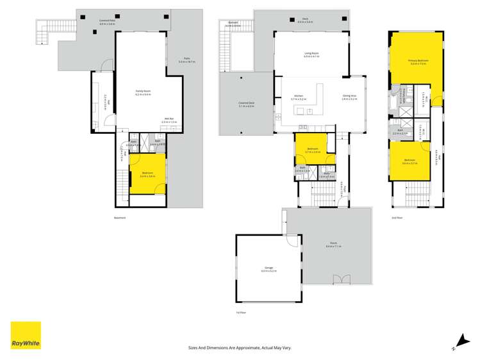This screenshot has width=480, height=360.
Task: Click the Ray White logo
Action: click(x=26, y=335)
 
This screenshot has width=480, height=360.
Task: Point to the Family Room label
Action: click(x=143, y=94)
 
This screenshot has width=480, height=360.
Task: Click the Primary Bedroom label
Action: click(x=417, y=63)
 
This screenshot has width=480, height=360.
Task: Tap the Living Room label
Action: click(x=311, y=55)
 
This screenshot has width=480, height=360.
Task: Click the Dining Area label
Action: click(x=349, y=97)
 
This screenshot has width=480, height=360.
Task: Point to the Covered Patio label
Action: click(x=107, y=22)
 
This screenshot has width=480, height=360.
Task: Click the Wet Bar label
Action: click(x=169, y=119)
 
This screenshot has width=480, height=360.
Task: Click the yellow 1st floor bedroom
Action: click(x=313, y=151)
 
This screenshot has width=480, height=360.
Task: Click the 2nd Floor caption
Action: click(x=397, y=218)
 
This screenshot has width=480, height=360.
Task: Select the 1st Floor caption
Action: click(x=240, y=312)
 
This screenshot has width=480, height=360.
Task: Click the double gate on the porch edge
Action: click(x=342, y=279)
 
